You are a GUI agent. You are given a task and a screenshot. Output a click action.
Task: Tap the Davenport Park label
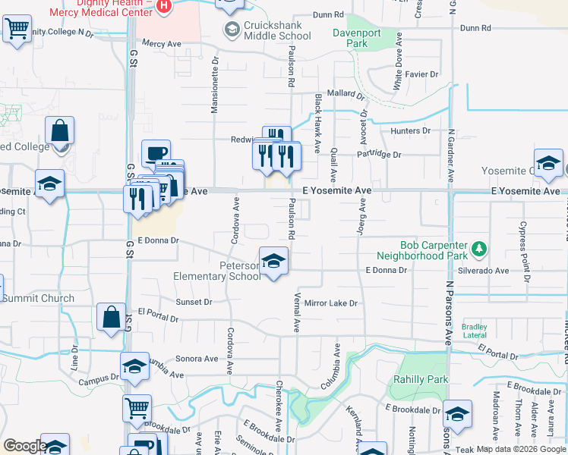350,38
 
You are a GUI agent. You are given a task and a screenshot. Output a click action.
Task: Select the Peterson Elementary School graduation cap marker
274,262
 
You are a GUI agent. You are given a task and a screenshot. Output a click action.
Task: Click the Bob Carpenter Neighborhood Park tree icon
478,248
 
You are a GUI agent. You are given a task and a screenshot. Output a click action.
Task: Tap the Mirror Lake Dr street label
330,303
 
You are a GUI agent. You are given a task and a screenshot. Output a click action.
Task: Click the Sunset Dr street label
194,302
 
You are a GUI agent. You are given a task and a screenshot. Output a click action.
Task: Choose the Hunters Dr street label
410,131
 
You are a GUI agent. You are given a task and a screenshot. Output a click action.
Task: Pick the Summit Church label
38,298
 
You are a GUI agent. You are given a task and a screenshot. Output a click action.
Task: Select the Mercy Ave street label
162,44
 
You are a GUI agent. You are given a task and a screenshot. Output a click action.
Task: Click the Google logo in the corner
24,446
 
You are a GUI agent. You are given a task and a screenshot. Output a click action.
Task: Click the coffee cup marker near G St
156,152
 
